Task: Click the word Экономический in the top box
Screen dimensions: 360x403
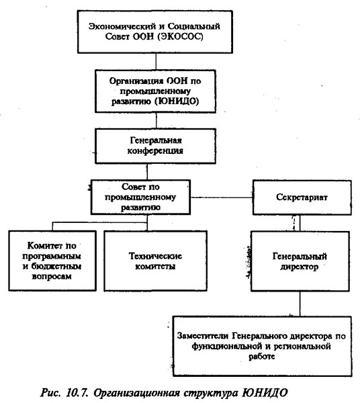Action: tap(122, 26)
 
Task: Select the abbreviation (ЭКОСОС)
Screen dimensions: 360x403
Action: tap(181, 37)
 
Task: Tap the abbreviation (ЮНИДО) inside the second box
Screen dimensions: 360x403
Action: tap(177, 101)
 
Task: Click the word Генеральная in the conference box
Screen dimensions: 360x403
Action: tap(156, 140)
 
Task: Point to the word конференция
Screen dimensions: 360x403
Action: tap(155, 150)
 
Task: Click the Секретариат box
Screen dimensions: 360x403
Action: tap(302, 197)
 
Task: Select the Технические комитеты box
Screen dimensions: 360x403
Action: tap(155, 261)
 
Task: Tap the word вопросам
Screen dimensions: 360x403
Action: tap(52, 277)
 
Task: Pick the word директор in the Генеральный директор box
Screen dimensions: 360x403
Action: tap(300, 267)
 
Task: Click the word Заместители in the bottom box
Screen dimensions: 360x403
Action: tap(202, 336)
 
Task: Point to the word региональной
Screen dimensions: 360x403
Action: tap(302, 347)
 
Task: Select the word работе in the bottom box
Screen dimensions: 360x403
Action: tap(261, 357)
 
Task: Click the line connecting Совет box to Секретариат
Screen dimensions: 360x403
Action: tap(222, 197)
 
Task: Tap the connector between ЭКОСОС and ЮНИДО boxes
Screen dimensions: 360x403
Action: tap(156, 61)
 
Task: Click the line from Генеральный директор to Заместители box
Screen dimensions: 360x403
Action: tap(300, 304)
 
